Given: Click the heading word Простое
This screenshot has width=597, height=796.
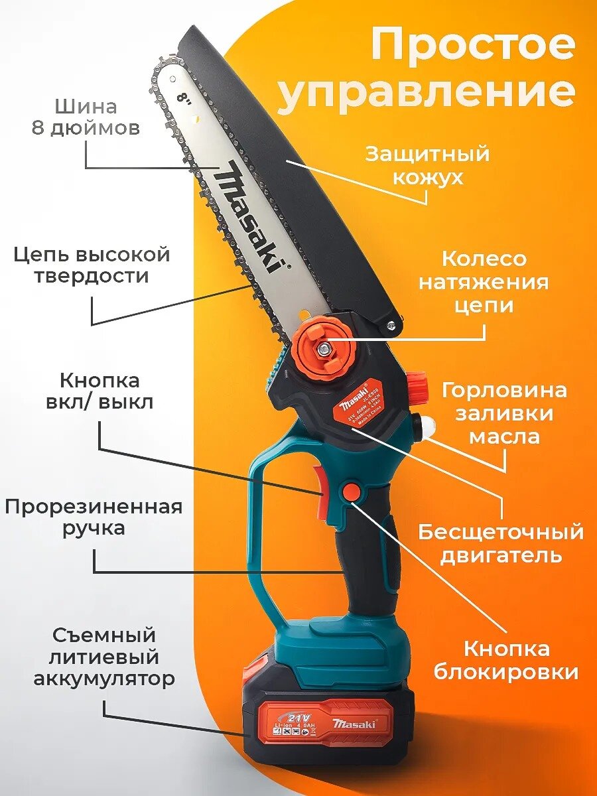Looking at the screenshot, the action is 472,45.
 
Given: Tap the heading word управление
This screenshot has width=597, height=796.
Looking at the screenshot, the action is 426,93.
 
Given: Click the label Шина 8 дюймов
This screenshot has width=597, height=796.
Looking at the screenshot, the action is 86,117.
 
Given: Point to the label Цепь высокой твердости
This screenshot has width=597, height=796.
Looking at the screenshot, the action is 92,265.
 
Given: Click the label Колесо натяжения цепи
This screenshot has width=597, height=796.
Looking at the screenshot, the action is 484,282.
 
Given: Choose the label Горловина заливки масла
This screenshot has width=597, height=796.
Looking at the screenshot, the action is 504,413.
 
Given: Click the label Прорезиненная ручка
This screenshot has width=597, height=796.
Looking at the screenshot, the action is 94,517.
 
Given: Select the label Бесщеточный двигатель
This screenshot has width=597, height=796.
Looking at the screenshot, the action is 501,543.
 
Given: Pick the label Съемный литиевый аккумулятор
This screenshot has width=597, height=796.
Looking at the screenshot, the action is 104,657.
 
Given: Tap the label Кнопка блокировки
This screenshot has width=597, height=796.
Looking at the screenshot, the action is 506,660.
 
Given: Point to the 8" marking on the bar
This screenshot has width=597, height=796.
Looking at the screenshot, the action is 184,99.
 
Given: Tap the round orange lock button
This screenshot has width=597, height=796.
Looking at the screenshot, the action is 352,492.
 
